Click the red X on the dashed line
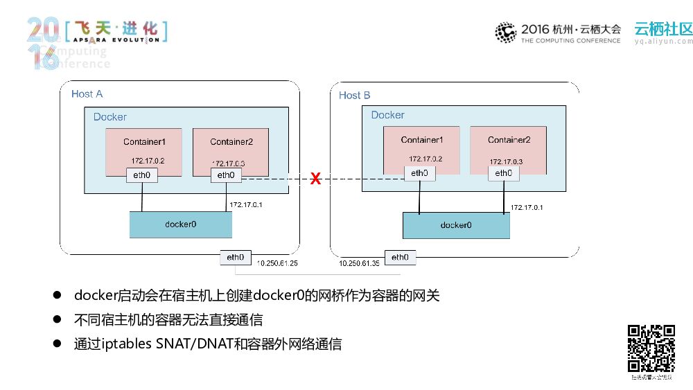click(315, 179)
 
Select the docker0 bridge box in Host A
click(181, 224)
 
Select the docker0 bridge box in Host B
click(456, 225)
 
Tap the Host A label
click(87, 94)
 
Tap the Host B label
click(354, 95)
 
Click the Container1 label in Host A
click(144, 142)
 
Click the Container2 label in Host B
click(509, 139)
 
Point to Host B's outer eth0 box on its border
click(400, 257)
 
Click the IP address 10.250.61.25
click(277, 264)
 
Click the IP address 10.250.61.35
click(359, 264)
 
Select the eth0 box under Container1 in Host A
click(142, 175)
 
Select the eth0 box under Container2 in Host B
click(504, 173)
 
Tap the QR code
click(651, 348)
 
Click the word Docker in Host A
click(110, 117)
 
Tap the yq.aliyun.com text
click(663, 41)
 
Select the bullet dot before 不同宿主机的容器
click(59, 320)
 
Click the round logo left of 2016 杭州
click(505, 33)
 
